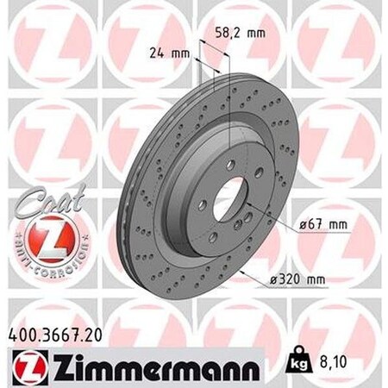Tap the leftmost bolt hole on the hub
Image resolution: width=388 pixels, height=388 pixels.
[201, 204]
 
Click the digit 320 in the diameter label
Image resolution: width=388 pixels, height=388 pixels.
[290, 278]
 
